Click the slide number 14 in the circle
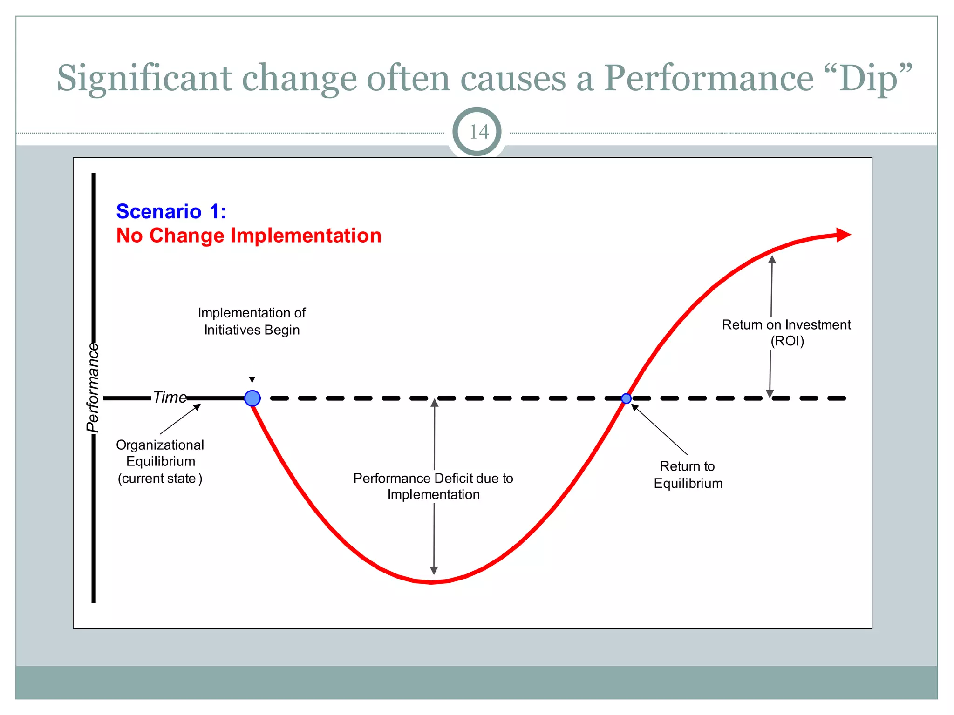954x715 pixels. pos(478,132)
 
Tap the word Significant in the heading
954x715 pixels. pos(144,78)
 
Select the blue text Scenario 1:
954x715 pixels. pos(171,212)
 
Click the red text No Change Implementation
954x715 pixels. pos(249,236)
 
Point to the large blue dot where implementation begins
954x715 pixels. pos(252,398)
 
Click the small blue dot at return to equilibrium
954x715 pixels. pos(626,398)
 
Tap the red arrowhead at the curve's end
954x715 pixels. pos(843,235)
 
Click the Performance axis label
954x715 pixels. pos(93,387)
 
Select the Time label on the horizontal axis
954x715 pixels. pos(170,397)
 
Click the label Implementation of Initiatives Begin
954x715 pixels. pos(252,321)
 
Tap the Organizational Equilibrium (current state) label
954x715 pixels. pos(160,461)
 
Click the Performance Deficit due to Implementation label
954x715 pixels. pos(433,486)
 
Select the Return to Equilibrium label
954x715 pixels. pos(688,475)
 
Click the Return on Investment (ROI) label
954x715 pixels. pos(786,332)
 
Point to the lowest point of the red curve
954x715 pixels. pos(431,582)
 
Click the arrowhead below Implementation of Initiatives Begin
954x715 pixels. pos(252,379)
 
